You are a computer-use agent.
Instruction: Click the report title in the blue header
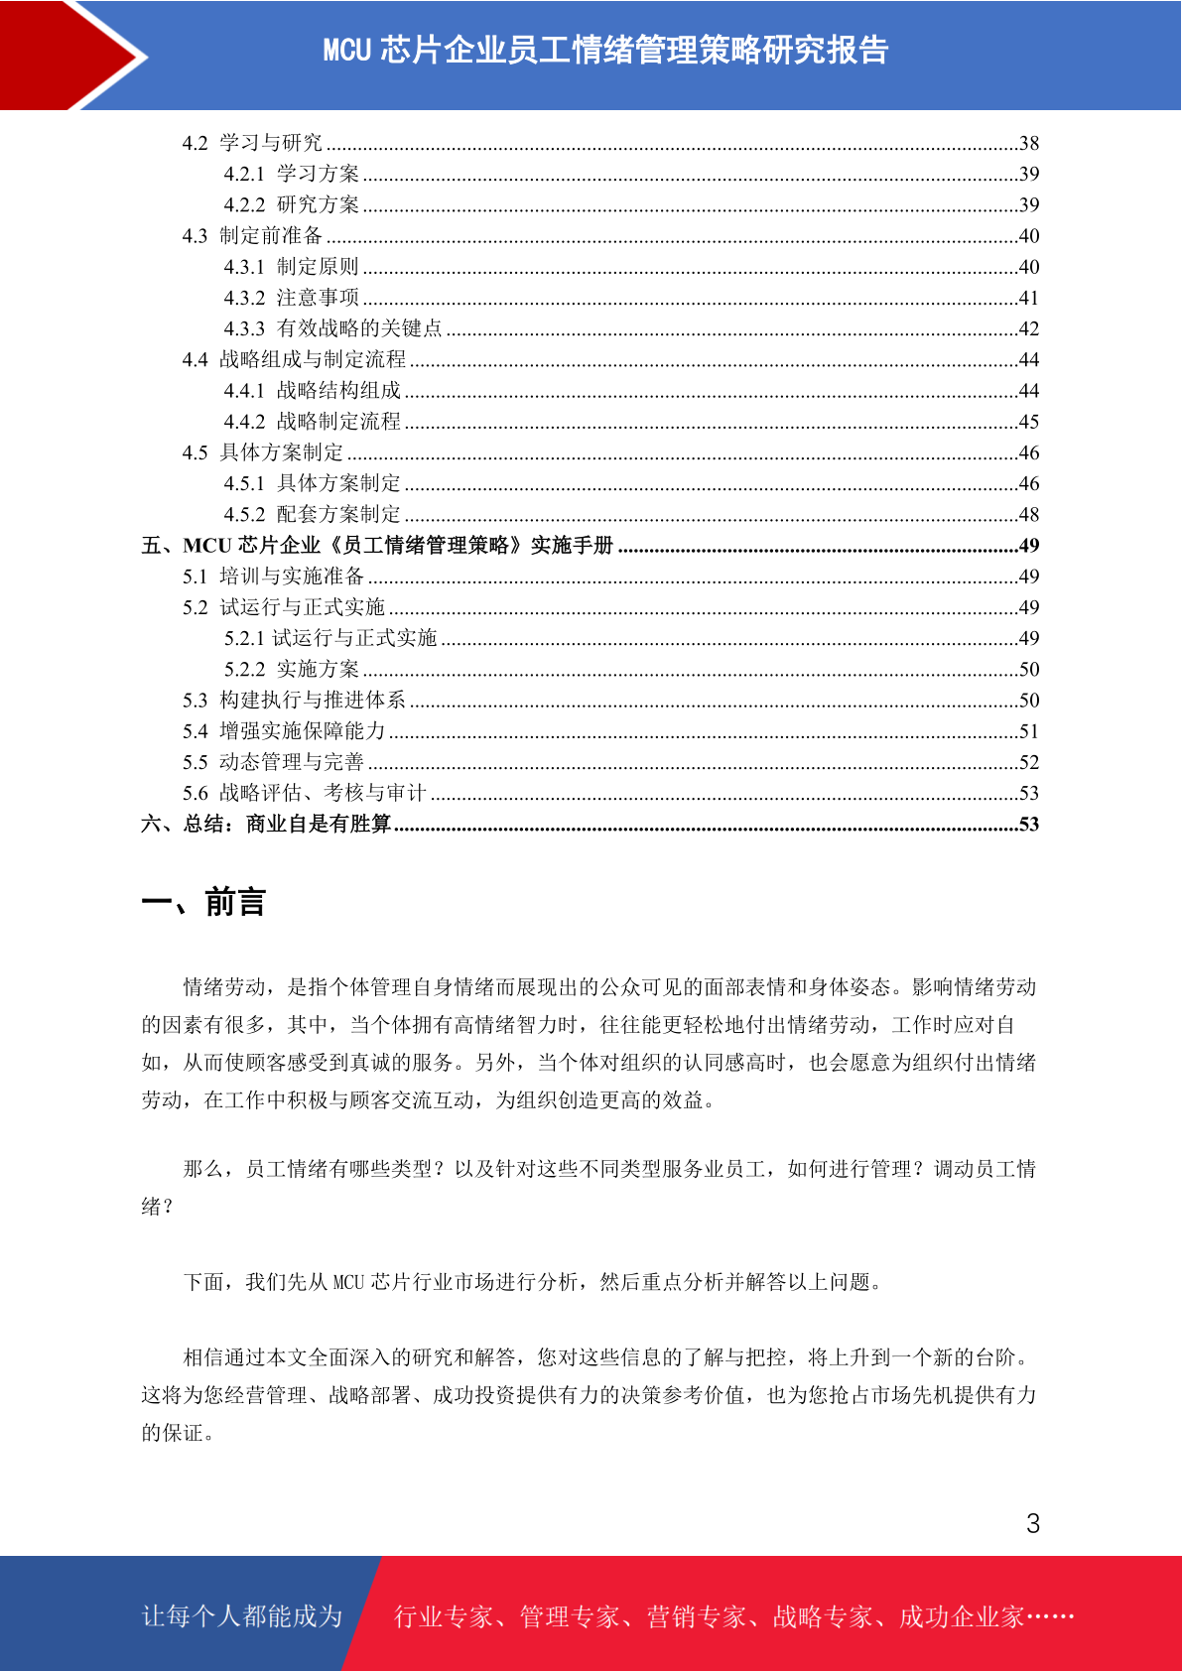click(x=605, y=50)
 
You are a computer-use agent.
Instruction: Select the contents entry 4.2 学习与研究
click(x=252, y=143)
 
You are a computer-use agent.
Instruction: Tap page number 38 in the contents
click(x=1029, y=143)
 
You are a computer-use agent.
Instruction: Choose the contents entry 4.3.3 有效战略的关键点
click(x=332, y=328)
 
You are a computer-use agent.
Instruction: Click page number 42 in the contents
click(x=1029, y=328)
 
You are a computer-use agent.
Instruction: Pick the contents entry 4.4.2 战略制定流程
click(x=312, y=422)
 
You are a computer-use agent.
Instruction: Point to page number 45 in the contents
click(x=1029, y=422)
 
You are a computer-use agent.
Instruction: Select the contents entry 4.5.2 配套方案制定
click(x=312, y=514)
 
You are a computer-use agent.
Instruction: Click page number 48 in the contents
click(x=1029, y=514)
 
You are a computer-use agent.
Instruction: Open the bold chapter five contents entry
click(x=377, y=546)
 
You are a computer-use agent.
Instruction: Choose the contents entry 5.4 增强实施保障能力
click(x=283, y=731)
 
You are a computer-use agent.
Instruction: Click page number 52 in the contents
click(x=1029, y=762)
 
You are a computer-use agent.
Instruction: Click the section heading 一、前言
click(x=203, y=902)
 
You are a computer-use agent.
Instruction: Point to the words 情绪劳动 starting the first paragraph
click(x=224, y=987)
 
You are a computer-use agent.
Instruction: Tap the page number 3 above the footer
click(x=1033, y=1523)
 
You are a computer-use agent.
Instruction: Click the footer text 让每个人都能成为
click(x=242, y=1616)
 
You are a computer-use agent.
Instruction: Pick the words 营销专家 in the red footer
click(x=696, y=1616)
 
